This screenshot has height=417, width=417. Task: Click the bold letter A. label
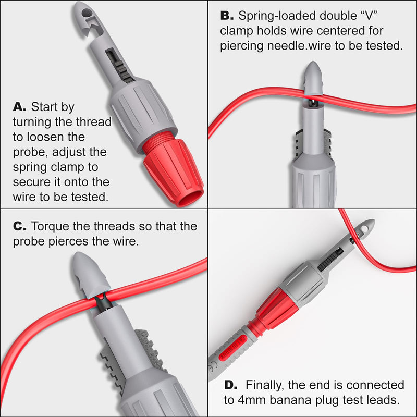(19, 107)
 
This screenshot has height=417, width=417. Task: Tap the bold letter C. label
(19, 227)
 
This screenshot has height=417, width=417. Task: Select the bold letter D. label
(230, 385)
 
